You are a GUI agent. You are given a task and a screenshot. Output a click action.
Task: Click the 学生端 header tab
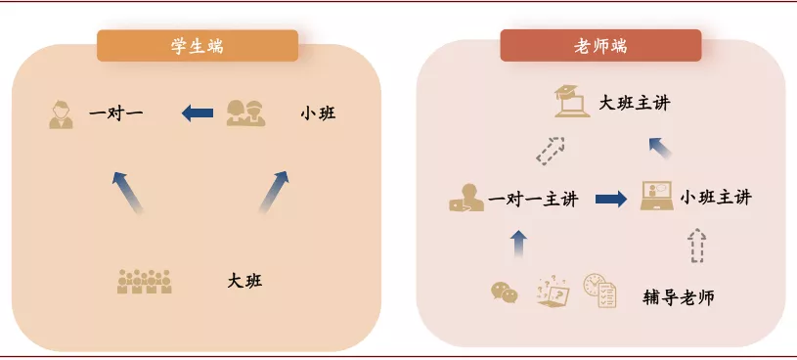(x=197, y=45)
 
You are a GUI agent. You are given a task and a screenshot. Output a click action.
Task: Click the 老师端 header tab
(x=600, y=45)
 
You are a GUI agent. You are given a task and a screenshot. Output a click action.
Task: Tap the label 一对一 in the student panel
(x=116, y=113)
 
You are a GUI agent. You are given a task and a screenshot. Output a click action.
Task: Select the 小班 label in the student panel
(x=318, y=113)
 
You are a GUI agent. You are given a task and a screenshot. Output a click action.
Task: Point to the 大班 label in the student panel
(x=244, y=282)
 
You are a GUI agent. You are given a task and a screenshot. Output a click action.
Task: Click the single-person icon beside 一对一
(x=62, y=113)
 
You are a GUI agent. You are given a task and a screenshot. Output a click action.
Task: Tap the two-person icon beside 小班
(x=245, y=112)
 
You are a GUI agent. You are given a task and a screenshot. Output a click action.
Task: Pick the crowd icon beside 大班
(x=145, y=282)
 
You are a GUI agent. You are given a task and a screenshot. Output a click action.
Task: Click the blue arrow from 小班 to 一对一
(x=198, y=113)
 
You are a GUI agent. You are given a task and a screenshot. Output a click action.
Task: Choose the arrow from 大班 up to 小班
(x=274, y=192)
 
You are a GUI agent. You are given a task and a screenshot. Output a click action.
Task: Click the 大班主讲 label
(x=634, y=103)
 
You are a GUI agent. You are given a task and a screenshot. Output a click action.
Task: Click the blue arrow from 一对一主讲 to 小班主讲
(x=611, y=199)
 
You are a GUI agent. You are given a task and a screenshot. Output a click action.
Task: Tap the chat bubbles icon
(x=505, y=292)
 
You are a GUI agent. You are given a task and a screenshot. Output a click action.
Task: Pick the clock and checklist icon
(x=599, y=291)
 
